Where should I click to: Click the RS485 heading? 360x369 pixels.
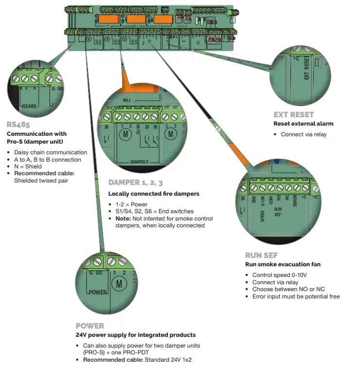tap(18, 124)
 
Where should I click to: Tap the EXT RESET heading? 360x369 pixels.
tap(294, 115)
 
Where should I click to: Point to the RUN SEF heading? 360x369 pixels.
tap(261, 255)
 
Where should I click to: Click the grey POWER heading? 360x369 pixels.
tap(90, 326)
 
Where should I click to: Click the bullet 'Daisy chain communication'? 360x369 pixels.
tap(51, 152)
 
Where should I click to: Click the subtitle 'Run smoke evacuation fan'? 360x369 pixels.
tap(282, 264)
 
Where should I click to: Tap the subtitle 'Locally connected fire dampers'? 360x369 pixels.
tap(154, 194)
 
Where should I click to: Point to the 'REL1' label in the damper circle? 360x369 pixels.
tap(127, 99)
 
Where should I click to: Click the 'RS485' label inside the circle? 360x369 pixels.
tap(29, 106)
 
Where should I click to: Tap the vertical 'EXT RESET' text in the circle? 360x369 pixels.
tap(306, 70)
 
